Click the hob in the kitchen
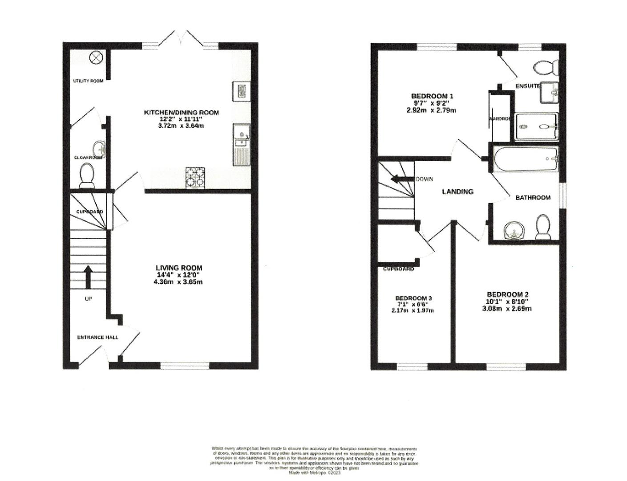195,177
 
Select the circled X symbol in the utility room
96,57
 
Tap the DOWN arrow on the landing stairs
400,179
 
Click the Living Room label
179,268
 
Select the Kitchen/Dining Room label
181,112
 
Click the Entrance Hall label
97,337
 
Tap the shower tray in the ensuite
536,126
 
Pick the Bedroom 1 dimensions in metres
431,110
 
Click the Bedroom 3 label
413,298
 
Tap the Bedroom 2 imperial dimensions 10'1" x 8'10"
507,302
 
